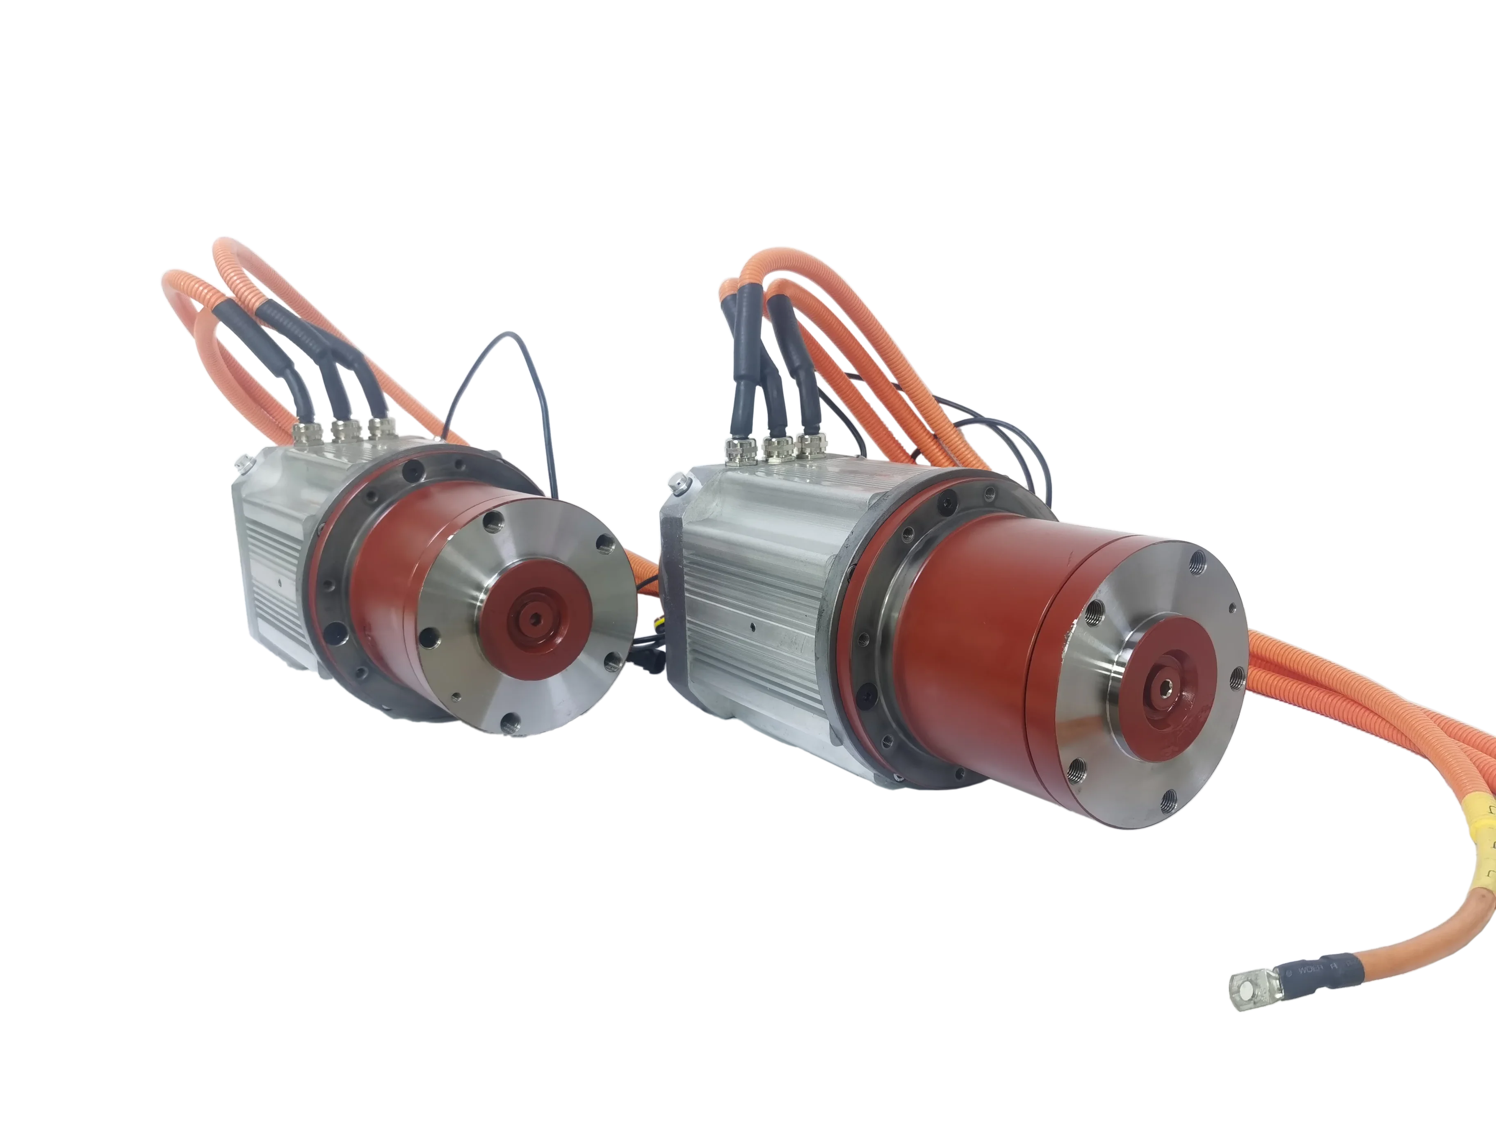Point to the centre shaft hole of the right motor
click(1165, 688)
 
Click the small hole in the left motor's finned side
click(278, 582)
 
